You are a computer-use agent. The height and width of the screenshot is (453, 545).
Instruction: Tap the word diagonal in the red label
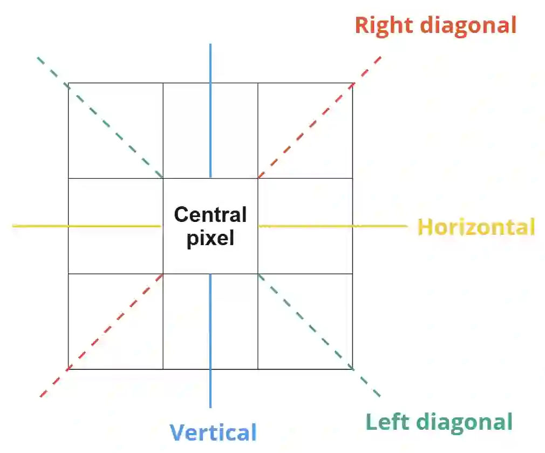pos(468,25)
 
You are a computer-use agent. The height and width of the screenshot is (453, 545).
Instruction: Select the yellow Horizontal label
pos(476,227)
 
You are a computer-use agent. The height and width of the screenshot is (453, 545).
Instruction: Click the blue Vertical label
pos(213,432)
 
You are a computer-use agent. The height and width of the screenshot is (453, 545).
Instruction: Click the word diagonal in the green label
pos(463,422)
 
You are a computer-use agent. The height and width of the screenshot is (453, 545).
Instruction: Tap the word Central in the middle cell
pos(210,215)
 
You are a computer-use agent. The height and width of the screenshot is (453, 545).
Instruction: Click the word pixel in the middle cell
pos(210,238)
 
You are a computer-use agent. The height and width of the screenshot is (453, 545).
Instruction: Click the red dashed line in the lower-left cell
pos(115,322)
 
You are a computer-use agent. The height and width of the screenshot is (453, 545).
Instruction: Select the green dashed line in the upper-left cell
pos(114,130)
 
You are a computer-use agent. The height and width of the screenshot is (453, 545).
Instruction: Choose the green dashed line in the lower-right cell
pos(305,322)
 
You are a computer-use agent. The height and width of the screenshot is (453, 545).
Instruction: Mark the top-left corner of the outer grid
pos(69,83)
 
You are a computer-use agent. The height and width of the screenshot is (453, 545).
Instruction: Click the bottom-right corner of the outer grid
pos(352,369)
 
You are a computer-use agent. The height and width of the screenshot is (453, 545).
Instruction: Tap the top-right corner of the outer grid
pos(352,83)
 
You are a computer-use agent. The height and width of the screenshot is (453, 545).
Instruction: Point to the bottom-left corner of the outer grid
pos(69,369)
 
